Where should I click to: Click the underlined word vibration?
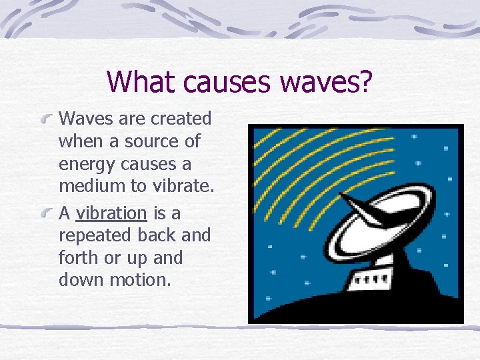point(111,213)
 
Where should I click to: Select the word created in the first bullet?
point(181,119)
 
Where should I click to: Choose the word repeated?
point(92,236)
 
